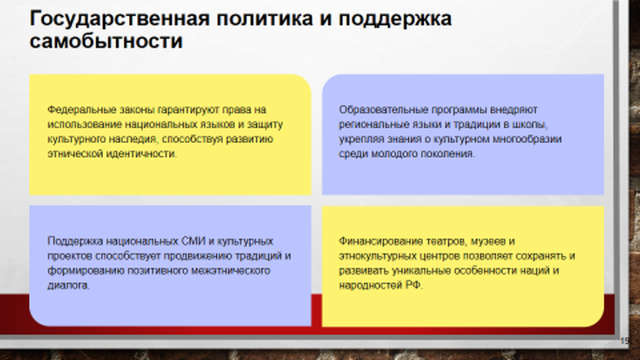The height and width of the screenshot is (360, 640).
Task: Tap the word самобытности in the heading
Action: point(106,41)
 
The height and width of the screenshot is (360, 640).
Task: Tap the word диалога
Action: point(69,285)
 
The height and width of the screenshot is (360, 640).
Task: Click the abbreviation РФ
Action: point(414,285)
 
